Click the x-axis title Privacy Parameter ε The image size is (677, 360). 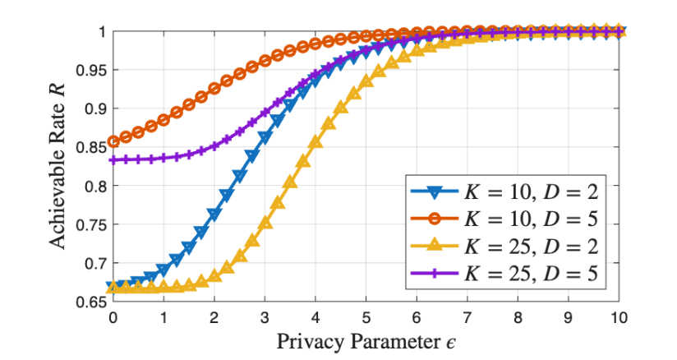(365, 339)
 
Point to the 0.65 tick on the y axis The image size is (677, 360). (92, 302)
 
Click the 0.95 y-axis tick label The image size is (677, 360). (92, 70)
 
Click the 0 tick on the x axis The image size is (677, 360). (113, 317)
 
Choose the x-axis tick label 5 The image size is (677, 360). (366, 317)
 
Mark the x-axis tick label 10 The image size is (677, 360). (619, 317)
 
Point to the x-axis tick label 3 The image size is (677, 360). (265, 317)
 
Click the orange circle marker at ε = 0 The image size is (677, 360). (113, 141)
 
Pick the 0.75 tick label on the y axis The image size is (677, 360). (92, 224)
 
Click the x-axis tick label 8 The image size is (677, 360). (518, 317)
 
